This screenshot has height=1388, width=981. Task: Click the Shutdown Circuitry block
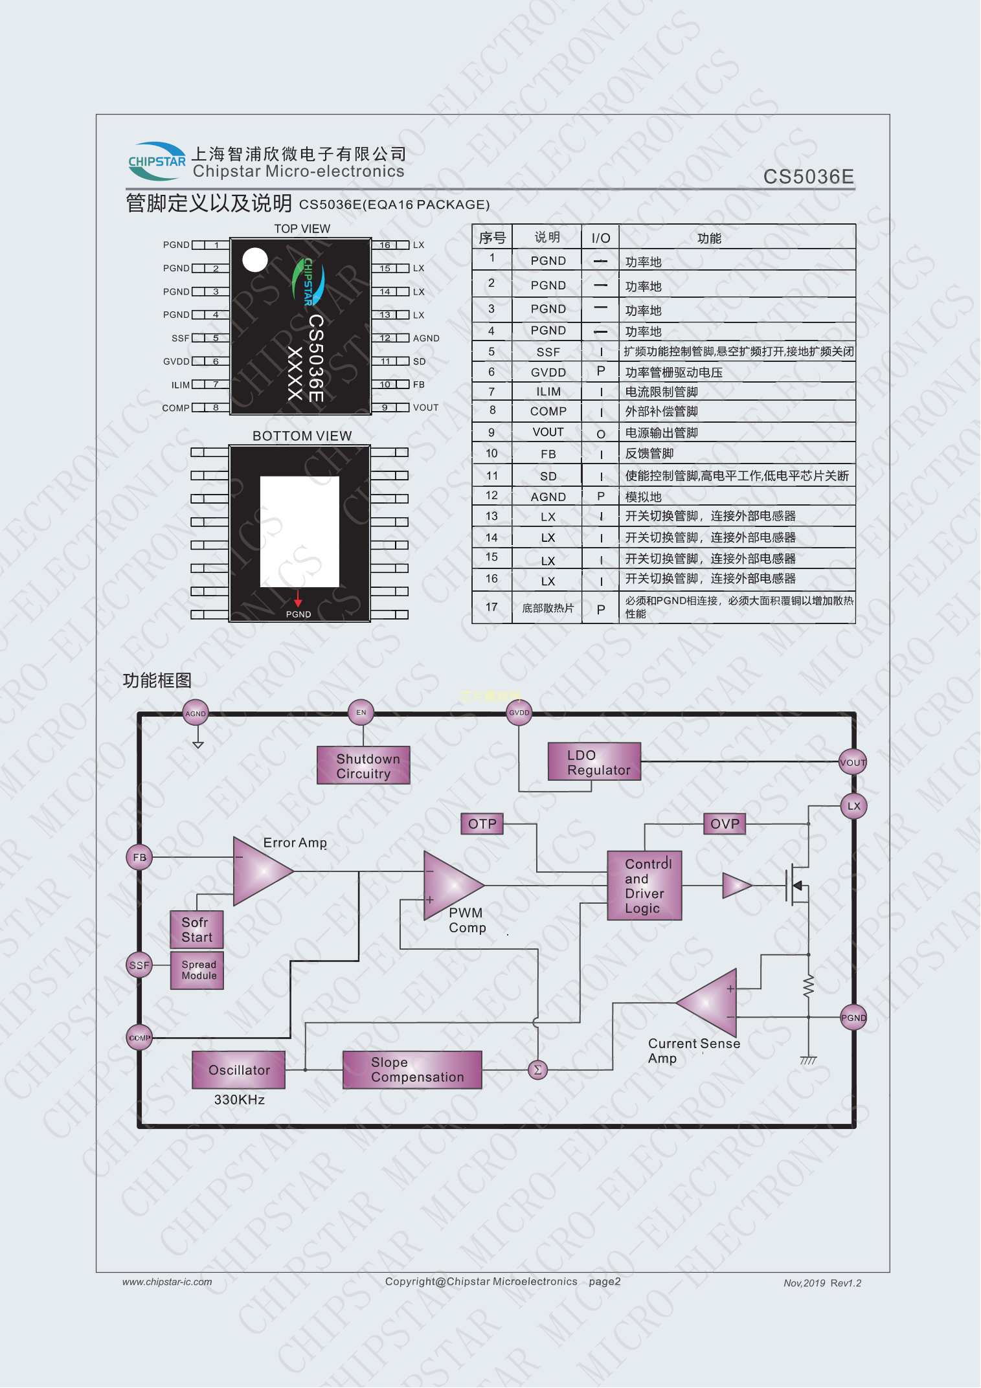pos(363,766)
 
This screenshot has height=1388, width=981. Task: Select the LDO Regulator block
pos(594,762)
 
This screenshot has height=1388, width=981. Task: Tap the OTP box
pos(482,824)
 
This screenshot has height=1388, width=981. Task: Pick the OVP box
pos(725,824)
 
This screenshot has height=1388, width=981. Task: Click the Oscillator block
pos(239,1070)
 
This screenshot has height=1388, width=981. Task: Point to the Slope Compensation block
pos(412,1070)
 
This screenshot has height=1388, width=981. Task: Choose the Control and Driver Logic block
pos(644,886)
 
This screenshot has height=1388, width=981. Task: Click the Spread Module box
pos(197,970)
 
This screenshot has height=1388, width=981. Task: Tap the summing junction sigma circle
pos(537,1070)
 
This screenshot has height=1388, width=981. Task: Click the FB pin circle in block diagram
pos(139,857)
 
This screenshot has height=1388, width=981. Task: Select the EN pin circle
pos(361,713)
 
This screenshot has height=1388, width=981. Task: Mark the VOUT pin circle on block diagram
pos(853,763)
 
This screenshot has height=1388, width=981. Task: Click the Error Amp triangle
pos(259,871)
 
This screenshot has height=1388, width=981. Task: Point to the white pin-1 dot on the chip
pos(255,260)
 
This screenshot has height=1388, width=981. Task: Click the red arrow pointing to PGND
pos(298,598)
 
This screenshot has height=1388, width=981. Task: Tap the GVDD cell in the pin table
pos(548,372)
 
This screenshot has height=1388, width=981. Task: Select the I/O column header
pos(600,238)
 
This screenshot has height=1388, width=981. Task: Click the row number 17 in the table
pos(491,607)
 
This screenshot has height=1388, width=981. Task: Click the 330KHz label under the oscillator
pos(239,1100)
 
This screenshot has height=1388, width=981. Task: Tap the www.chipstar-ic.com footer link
pos(167,1282)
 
